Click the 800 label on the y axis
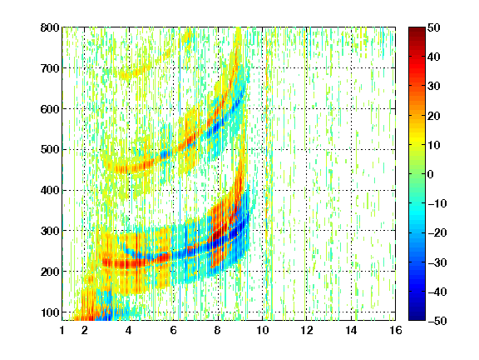tap(50, 27)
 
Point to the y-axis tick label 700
tap(50, 68)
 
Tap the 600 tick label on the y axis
tap(50, 109)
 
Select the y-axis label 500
tap(50, 150)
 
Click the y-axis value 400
tap(50, 191)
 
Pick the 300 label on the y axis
tap(50, 231)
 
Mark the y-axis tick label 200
tap(50, 272)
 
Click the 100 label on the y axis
tap(50, 312)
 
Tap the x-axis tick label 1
tap(62, 330)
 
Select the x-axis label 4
tap(129, 330)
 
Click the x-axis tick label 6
tap(173, 330)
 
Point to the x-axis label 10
tap(262, 330)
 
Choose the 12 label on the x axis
tap(306, 330)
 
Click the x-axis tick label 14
tap(351, 330)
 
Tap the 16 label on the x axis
tap(395, 330)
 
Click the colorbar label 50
tap(434, 27)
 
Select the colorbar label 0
tap(431, 174)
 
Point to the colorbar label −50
tap(437, 321)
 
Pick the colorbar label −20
tap(437, 233)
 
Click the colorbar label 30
tap(434, 87)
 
